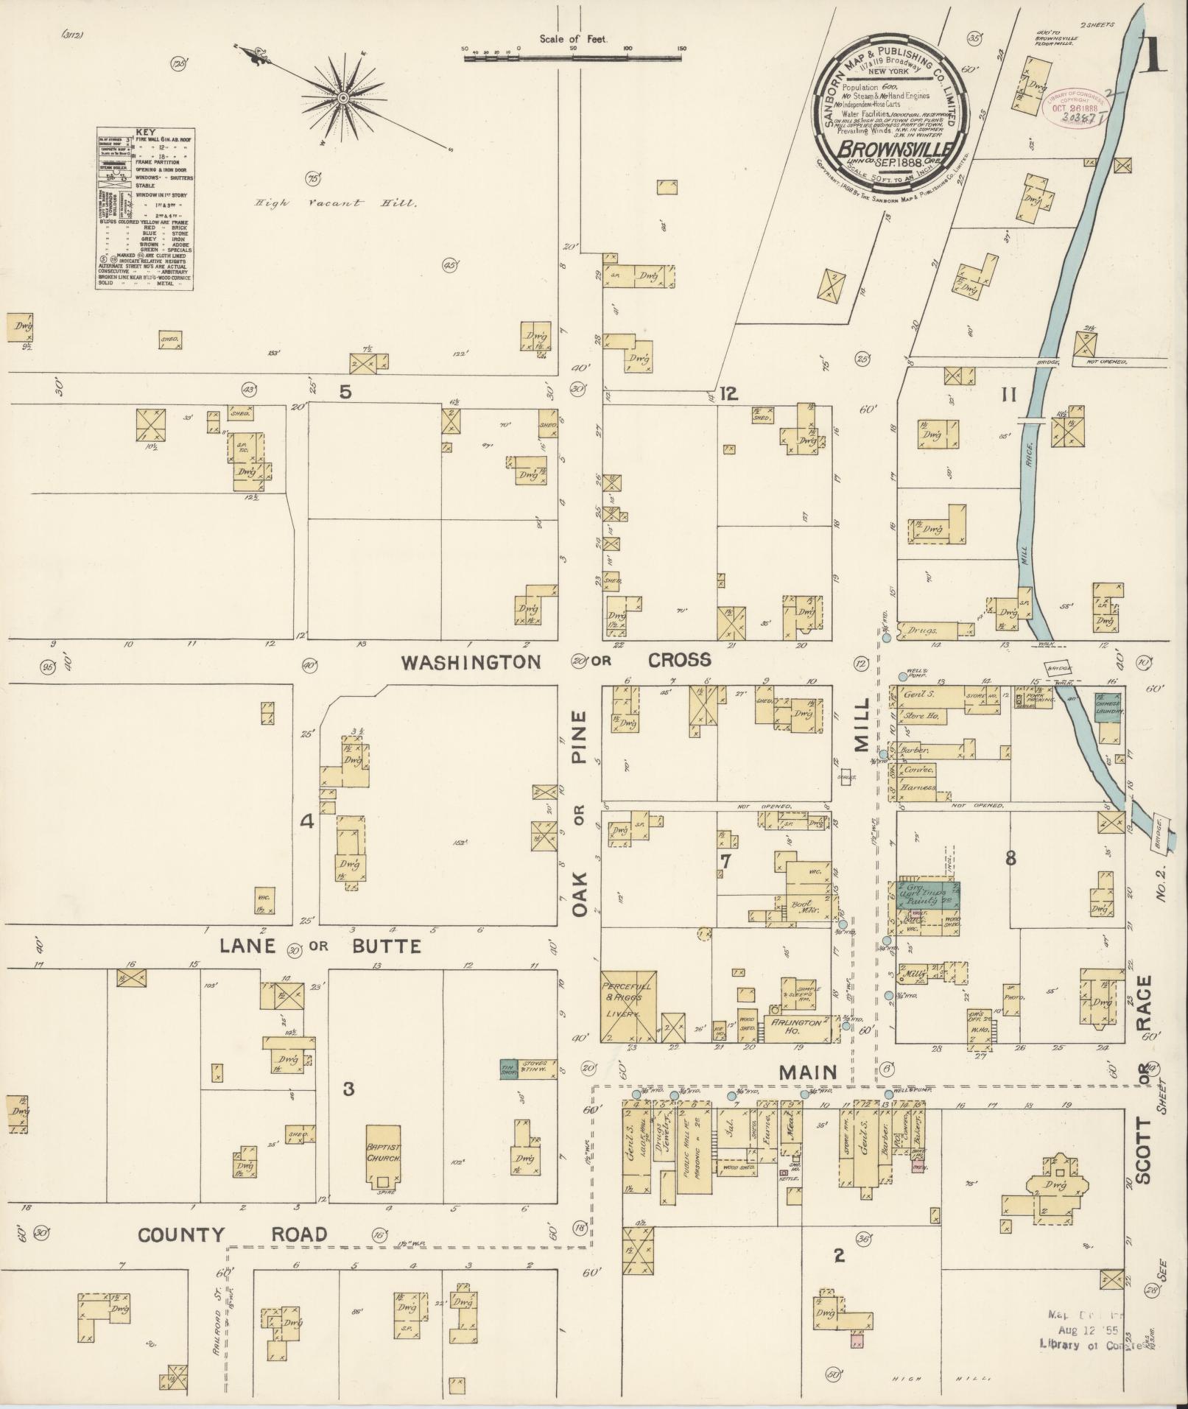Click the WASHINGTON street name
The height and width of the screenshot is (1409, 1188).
(471, 661)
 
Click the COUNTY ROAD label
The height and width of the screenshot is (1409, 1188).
(233, 1234)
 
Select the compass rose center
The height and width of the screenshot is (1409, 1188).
(342, 98)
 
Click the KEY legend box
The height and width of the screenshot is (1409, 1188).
(146, 208)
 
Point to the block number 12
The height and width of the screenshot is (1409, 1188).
(728, 394)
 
